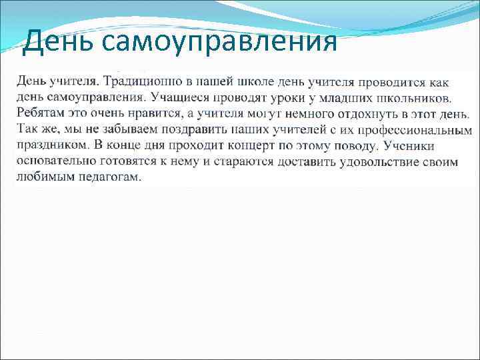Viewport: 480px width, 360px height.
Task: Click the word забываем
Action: [x=109, y=129]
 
